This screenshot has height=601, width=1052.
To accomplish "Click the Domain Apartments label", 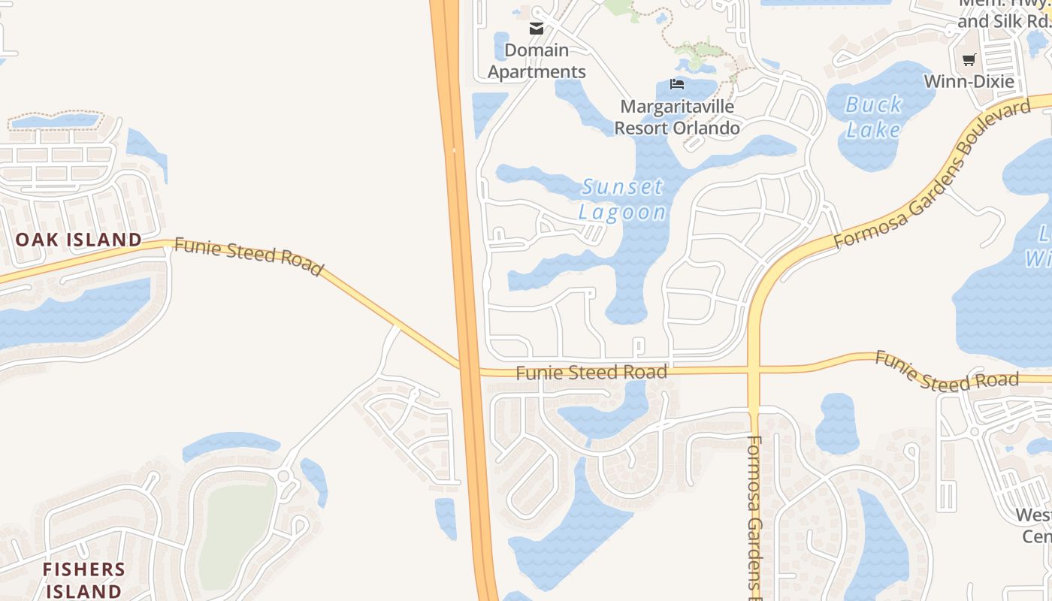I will click(537, 61).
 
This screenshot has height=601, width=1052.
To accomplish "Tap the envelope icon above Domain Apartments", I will click(537, 29).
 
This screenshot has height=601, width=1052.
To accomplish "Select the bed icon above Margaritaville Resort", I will click(677, 84).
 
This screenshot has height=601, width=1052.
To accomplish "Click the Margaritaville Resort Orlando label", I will click(676, 117).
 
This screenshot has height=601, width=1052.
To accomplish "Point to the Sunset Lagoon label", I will click(623, 199).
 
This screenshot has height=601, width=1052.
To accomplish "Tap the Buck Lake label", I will click(873, 117).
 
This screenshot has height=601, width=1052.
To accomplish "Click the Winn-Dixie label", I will click(969, 81).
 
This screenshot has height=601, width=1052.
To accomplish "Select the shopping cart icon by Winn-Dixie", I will click(969, 59).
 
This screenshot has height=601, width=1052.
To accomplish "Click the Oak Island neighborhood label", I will click(79, 240).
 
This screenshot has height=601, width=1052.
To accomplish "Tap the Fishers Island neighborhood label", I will click(83, 579).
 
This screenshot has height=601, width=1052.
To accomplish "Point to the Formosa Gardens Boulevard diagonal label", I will click(932, 174).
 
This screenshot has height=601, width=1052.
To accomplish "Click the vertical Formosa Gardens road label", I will click(755, 518).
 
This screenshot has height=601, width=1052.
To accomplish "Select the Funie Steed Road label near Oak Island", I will click(249, 256).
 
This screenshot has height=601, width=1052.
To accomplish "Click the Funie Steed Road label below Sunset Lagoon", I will click(591, 372).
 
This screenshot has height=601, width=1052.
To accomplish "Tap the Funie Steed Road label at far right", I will click(947, 372).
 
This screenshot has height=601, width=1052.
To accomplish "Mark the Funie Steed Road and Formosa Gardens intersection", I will click(754, 370).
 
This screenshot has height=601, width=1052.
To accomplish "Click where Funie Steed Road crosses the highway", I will click(468, 370).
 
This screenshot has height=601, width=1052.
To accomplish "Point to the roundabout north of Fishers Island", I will click(284, 476).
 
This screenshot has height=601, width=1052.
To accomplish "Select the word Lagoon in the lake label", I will click(623, 213).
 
